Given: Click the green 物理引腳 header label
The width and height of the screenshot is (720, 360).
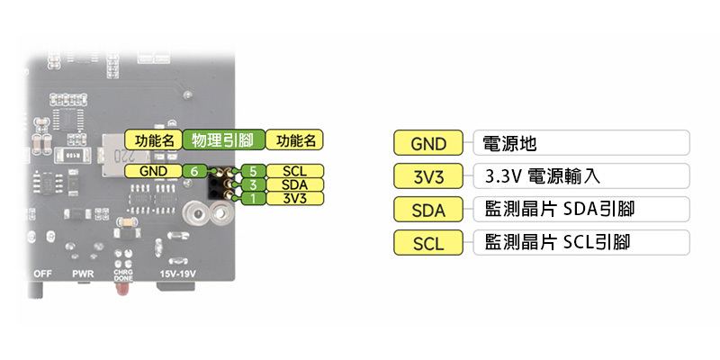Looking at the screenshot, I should point(224,140).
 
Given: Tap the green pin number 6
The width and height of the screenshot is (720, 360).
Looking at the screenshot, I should point(193,171).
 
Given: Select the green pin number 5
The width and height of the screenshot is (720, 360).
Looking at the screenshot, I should point(255,171).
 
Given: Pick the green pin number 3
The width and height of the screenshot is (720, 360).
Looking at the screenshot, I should point(255,184).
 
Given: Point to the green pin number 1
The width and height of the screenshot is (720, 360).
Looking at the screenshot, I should point(255,198).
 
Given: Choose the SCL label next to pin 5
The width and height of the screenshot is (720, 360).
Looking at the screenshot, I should point(295,171).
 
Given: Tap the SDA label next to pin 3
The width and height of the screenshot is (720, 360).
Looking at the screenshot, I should point(295,184).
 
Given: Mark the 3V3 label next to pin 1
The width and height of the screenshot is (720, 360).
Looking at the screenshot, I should point(295,198).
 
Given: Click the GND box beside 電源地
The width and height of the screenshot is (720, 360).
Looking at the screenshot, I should point(428,144).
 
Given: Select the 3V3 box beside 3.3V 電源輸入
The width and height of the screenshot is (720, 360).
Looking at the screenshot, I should point(428,176).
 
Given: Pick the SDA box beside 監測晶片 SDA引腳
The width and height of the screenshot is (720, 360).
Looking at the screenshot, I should point(428,210).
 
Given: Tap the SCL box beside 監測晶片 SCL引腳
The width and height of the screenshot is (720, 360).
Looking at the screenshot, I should point(428,243).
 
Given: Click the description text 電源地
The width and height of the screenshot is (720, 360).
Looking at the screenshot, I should point(510,144).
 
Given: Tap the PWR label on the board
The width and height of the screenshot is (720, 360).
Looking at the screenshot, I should point(84,274).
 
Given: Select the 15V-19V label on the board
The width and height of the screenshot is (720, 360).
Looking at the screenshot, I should point(177,274).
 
